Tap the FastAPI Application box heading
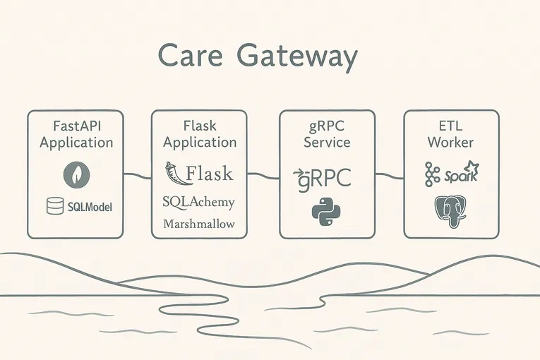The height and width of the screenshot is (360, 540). coord(76,134)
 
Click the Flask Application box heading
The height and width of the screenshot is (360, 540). coord(200,134)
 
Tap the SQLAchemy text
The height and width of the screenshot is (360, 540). coord(198,201)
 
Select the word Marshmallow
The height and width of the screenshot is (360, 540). coord(199,224)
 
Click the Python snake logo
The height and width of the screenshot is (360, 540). coord(325,212)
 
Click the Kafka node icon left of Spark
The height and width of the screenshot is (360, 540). coord(433,173)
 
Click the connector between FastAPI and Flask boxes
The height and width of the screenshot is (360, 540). coord(138,173)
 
